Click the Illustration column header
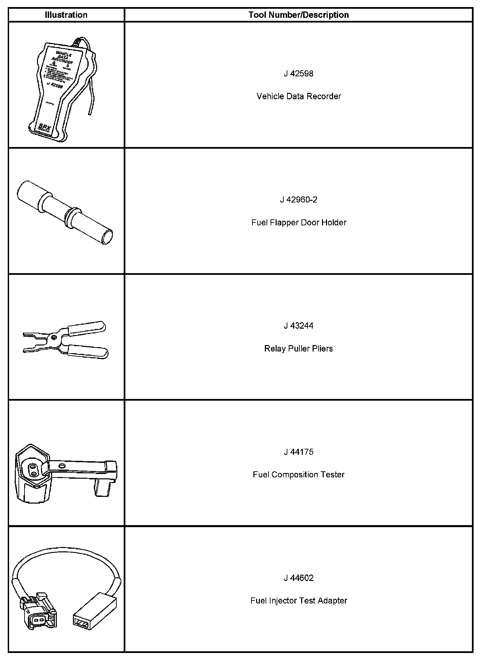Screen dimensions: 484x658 pos(66,15)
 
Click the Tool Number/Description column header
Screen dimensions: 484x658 pos(298,15)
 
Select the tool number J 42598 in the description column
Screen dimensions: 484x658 pos(298,74)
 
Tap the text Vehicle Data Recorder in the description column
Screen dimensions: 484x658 pos(298,97)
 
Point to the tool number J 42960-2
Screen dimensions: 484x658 pos(298,200)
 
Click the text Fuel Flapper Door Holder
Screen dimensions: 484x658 pos(298,223)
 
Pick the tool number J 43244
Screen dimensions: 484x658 pos(298,326)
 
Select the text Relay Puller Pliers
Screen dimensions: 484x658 pos(298,349)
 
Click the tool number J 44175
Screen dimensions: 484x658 pos(298,452)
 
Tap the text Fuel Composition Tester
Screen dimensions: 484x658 pos(298,475)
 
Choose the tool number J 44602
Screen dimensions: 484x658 pos(298,578)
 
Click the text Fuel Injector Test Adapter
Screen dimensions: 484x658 pos(298,601)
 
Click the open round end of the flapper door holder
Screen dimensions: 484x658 pos(108,236)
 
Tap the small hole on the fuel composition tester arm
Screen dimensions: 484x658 pos(62,466)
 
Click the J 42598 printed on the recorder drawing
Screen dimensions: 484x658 pos(55,84)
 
